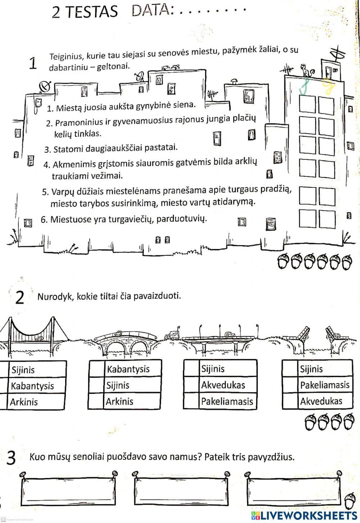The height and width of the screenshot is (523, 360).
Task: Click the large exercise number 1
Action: click(33, 64)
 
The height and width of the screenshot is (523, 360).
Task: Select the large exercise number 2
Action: click(21, 298)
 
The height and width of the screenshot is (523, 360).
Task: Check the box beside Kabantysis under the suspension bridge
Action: click(3, 386)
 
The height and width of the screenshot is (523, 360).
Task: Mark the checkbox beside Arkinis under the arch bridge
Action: click(96, 401)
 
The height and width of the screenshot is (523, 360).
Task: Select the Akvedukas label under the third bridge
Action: click(223, 385)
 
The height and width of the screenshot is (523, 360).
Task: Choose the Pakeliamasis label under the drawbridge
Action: click(325, 385)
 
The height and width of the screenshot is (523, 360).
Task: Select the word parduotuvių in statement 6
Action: click(184, 218)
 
